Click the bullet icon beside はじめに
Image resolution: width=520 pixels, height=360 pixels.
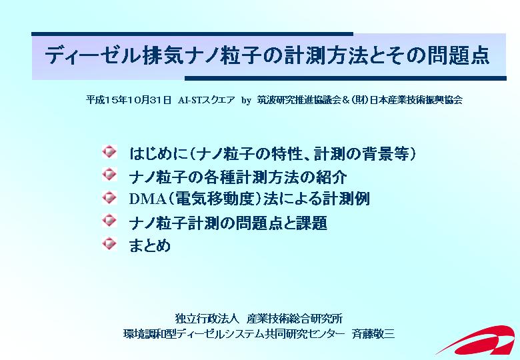(x=109, y=151)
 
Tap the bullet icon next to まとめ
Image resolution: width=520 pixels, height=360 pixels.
(x=109, y=243)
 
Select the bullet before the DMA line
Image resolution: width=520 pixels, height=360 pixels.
(x=109, y=197)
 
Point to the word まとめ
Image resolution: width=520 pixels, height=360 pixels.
(x=149, y=245)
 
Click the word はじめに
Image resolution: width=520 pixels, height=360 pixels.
(x=159, y=154)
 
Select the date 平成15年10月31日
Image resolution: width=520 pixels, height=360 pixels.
(x=129, y=99)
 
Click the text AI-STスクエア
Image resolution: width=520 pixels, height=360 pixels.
(x=206, y=99)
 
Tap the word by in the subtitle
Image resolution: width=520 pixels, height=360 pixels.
(x=246, y=100)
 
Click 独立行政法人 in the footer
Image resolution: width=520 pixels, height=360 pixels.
(x=207, y=319)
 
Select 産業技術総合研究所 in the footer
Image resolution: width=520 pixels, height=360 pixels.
(x=295, y=319)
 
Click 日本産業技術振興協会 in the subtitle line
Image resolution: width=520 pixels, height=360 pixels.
(x=416, y=99)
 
